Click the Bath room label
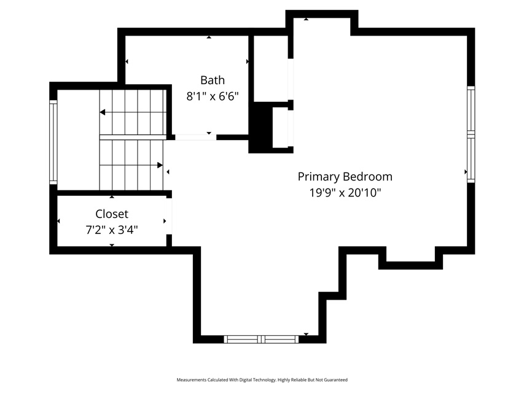[213, 80]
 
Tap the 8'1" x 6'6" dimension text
[213, 96]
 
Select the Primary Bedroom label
[345, 177]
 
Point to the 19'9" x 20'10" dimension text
[345, 193]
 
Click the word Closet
[112, 214]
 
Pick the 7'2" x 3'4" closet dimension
[112, 230]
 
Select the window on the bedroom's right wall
[471, 134]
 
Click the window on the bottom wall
[261, 339]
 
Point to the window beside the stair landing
[53, 142]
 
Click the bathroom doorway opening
[196, 137]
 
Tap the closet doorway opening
[169, 217]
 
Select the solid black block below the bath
[260, 127]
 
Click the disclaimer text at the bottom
[262, 379]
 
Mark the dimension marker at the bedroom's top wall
[306, 19]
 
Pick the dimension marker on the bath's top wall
[209, 37]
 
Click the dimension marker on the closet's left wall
[59, 221]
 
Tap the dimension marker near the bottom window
[306, 334]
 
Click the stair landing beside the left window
[78, 140]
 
